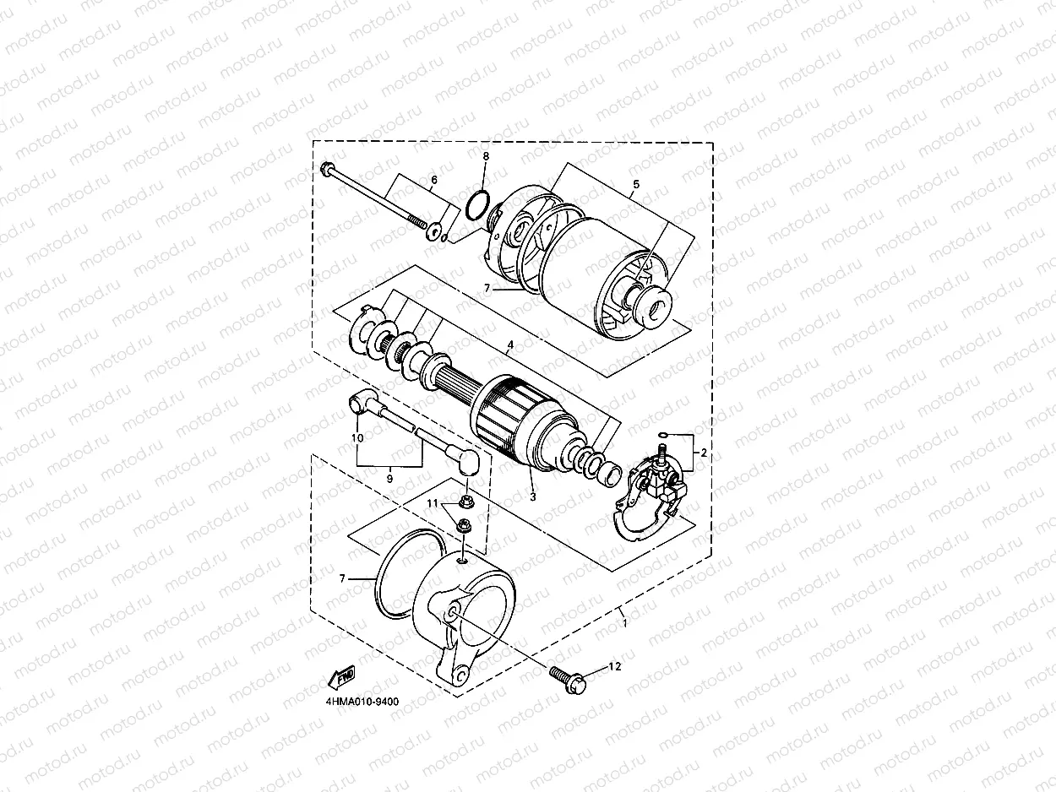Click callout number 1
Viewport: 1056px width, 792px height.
623,623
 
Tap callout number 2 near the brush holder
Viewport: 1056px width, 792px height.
704,453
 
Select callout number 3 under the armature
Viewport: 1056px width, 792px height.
533,496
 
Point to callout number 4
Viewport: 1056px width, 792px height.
509,346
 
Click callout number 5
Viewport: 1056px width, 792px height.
635,184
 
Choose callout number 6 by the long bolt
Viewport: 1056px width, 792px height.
434,180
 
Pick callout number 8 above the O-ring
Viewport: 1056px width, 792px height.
486,157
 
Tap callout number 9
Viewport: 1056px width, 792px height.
389,479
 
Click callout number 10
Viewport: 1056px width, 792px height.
357,437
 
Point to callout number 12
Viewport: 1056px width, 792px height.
614,667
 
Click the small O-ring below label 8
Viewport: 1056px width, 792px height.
477,203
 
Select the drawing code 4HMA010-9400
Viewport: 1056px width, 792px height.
362,701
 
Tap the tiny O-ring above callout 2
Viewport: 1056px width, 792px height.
665,436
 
